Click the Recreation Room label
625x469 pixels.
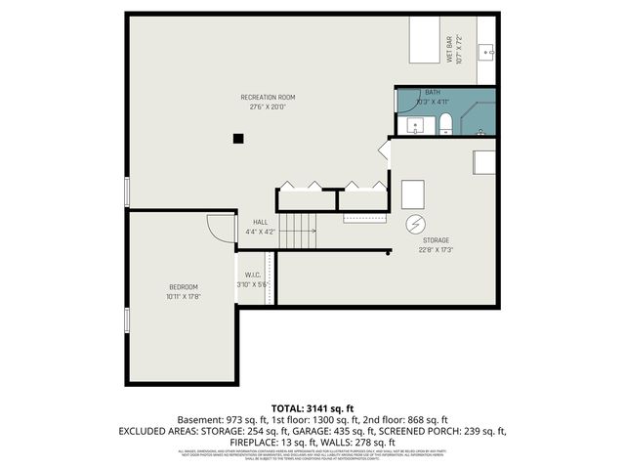pos(268,97)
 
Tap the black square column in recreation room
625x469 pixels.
pos(237,139)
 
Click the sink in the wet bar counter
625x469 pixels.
pos(490,50)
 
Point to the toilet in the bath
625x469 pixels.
pos(445,122)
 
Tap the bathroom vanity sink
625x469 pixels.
pos(413,124)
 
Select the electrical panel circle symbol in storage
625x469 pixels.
pos(416,224)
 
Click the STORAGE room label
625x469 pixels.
pos(435,239)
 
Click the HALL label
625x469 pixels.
pos(260,222)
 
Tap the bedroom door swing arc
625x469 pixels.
pos(217,229)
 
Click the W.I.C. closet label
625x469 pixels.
pos(251,275)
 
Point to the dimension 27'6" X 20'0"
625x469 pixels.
pos(268,107)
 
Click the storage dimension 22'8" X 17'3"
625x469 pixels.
pos(435,249)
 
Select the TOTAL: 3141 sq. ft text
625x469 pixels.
pos(312,407)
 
